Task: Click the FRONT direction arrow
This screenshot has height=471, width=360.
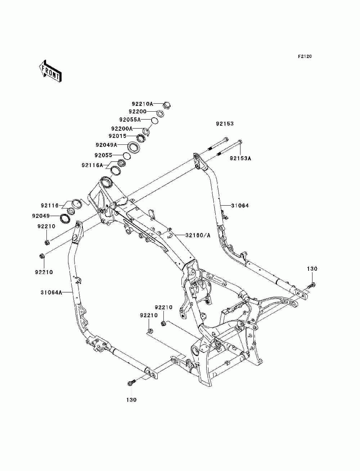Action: point(50,71)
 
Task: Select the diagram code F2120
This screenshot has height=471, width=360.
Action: point(305,57)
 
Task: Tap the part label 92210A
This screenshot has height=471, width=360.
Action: point(143,104)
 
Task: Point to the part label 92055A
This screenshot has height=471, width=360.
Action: point(130,120)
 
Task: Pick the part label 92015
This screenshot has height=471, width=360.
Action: point(118,136)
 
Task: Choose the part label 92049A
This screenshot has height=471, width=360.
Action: point(107,145)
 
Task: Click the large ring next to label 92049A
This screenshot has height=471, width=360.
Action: point(134,147)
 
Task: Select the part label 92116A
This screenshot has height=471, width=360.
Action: point(93,165)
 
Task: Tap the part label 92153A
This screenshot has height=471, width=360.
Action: point(240,158)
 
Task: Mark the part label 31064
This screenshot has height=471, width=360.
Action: point(240,206)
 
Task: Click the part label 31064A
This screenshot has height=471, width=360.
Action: point(51,292)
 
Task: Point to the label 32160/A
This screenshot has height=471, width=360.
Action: point(198,235)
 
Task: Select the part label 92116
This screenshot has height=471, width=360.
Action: point(50,206)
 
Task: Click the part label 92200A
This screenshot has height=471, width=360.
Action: point(122,129)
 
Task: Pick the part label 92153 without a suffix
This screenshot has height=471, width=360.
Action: point(225,124)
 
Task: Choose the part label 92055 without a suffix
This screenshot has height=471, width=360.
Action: point(103,155)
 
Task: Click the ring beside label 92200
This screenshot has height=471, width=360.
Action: point(160,113)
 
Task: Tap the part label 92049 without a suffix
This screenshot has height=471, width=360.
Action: point(41,216)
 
